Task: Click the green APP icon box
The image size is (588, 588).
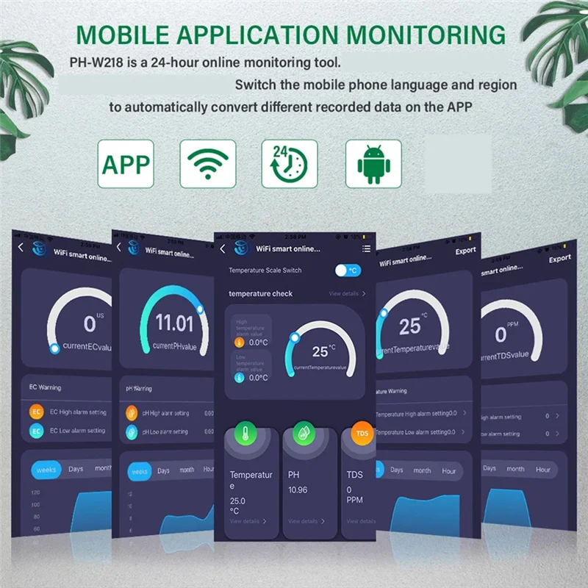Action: click(x=126, y=164)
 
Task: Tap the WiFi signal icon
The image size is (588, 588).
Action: click(x=208, y=164)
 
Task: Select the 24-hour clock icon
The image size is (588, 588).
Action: click(x=290, y=164)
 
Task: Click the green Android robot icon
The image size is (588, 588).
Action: click(x=373, y=164)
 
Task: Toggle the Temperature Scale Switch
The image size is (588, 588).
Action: click(x=348, y=270)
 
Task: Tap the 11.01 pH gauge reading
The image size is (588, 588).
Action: click(x=174, y=323)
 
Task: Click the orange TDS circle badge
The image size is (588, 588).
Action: click(x=362, y=434)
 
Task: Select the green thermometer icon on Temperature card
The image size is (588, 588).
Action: click(x=244, y=434)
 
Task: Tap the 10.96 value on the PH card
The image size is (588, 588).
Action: click(x=298, y=490)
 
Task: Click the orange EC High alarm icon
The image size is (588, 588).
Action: click(x=36, y=412)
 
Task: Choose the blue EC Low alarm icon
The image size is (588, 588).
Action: click(x=36, y=431)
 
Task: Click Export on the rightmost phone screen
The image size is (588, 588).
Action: click(x=559, y=259)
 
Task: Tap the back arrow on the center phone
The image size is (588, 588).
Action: click(x=223, y=249)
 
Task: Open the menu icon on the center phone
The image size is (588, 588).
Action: click(x=366, y=249)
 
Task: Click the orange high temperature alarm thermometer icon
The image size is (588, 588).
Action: click(x=238, y=343)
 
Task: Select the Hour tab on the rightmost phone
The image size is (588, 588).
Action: click(x=542, y=469)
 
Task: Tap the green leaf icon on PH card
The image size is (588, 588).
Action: click(x=301, y=434)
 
